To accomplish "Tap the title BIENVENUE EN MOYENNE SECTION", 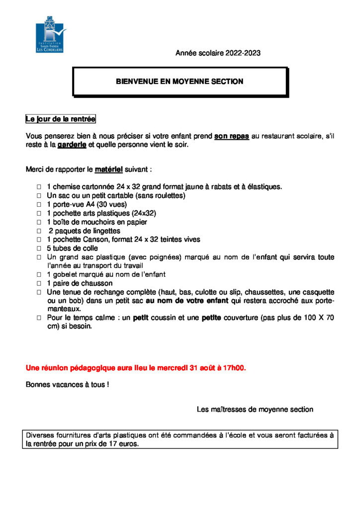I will [180, 81].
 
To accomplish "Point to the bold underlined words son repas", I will [231, 136].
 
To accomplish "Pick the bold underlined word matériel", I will [108, 170].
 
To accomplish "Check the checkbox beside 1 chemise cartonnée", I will [38, 187].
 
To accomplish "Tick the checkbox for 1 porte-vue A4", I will [38, 205].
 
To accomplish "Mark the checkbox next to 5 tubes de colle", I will [38, 249].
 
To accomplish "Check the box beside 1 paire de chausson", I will [38, 283].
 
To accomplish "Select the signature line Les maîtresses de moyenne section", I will [255, 410].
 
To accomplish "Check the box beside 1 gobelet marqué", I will [38, 275].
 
